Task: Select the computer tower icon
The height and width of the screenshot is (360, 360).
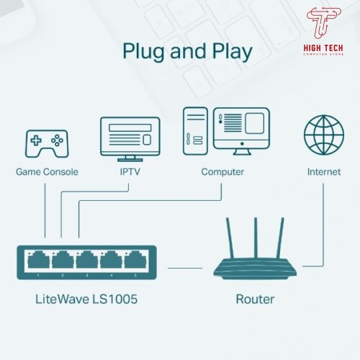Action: point(195,131)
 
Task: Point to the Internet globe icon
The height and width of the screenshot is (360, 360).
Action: point(324,135)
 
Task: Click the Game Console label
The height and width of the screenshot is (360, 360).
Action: point(47,172)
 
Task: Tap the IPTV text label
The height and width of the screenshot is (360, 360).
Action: point(130,172)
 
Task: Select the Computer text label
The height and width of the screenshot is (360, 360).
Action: point(222,172)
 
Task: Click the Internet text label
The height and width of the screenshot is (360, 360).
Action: point(324,172)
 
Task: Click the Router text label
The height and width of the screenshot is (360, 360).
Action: point(255,300)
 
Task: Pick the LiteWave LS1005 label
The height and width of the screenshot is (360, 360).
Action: point(86,300)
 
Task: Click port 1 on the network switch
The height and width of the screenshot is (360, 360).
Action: point(39,260)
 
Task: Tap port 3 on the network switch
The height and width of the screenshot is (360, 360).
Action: point(87,260)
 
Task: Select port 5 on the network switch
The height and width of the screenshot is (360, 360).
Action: point(135,260)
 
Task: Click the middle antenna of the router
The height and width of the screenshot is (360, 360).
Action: point(256,238)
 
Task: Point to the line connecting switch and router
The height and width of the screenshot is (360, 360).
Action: point(185,268)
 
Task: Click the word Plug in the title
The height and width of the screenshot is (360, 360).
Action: point(143,51)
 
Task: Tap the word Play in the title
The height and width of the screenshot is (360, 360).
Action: point(232,51)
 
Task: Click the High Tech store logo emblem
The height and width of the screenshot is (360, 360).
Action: point(323,22)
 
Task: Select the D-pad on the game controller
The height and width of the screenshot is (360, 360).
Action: point(36,140)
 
